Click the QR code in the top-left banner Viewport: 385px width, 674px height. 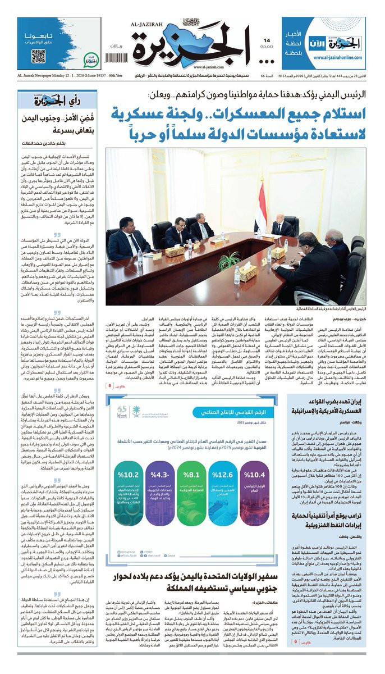click(38, 56)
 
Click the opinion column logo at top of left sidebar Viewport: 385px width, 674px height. click(48, 101)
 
